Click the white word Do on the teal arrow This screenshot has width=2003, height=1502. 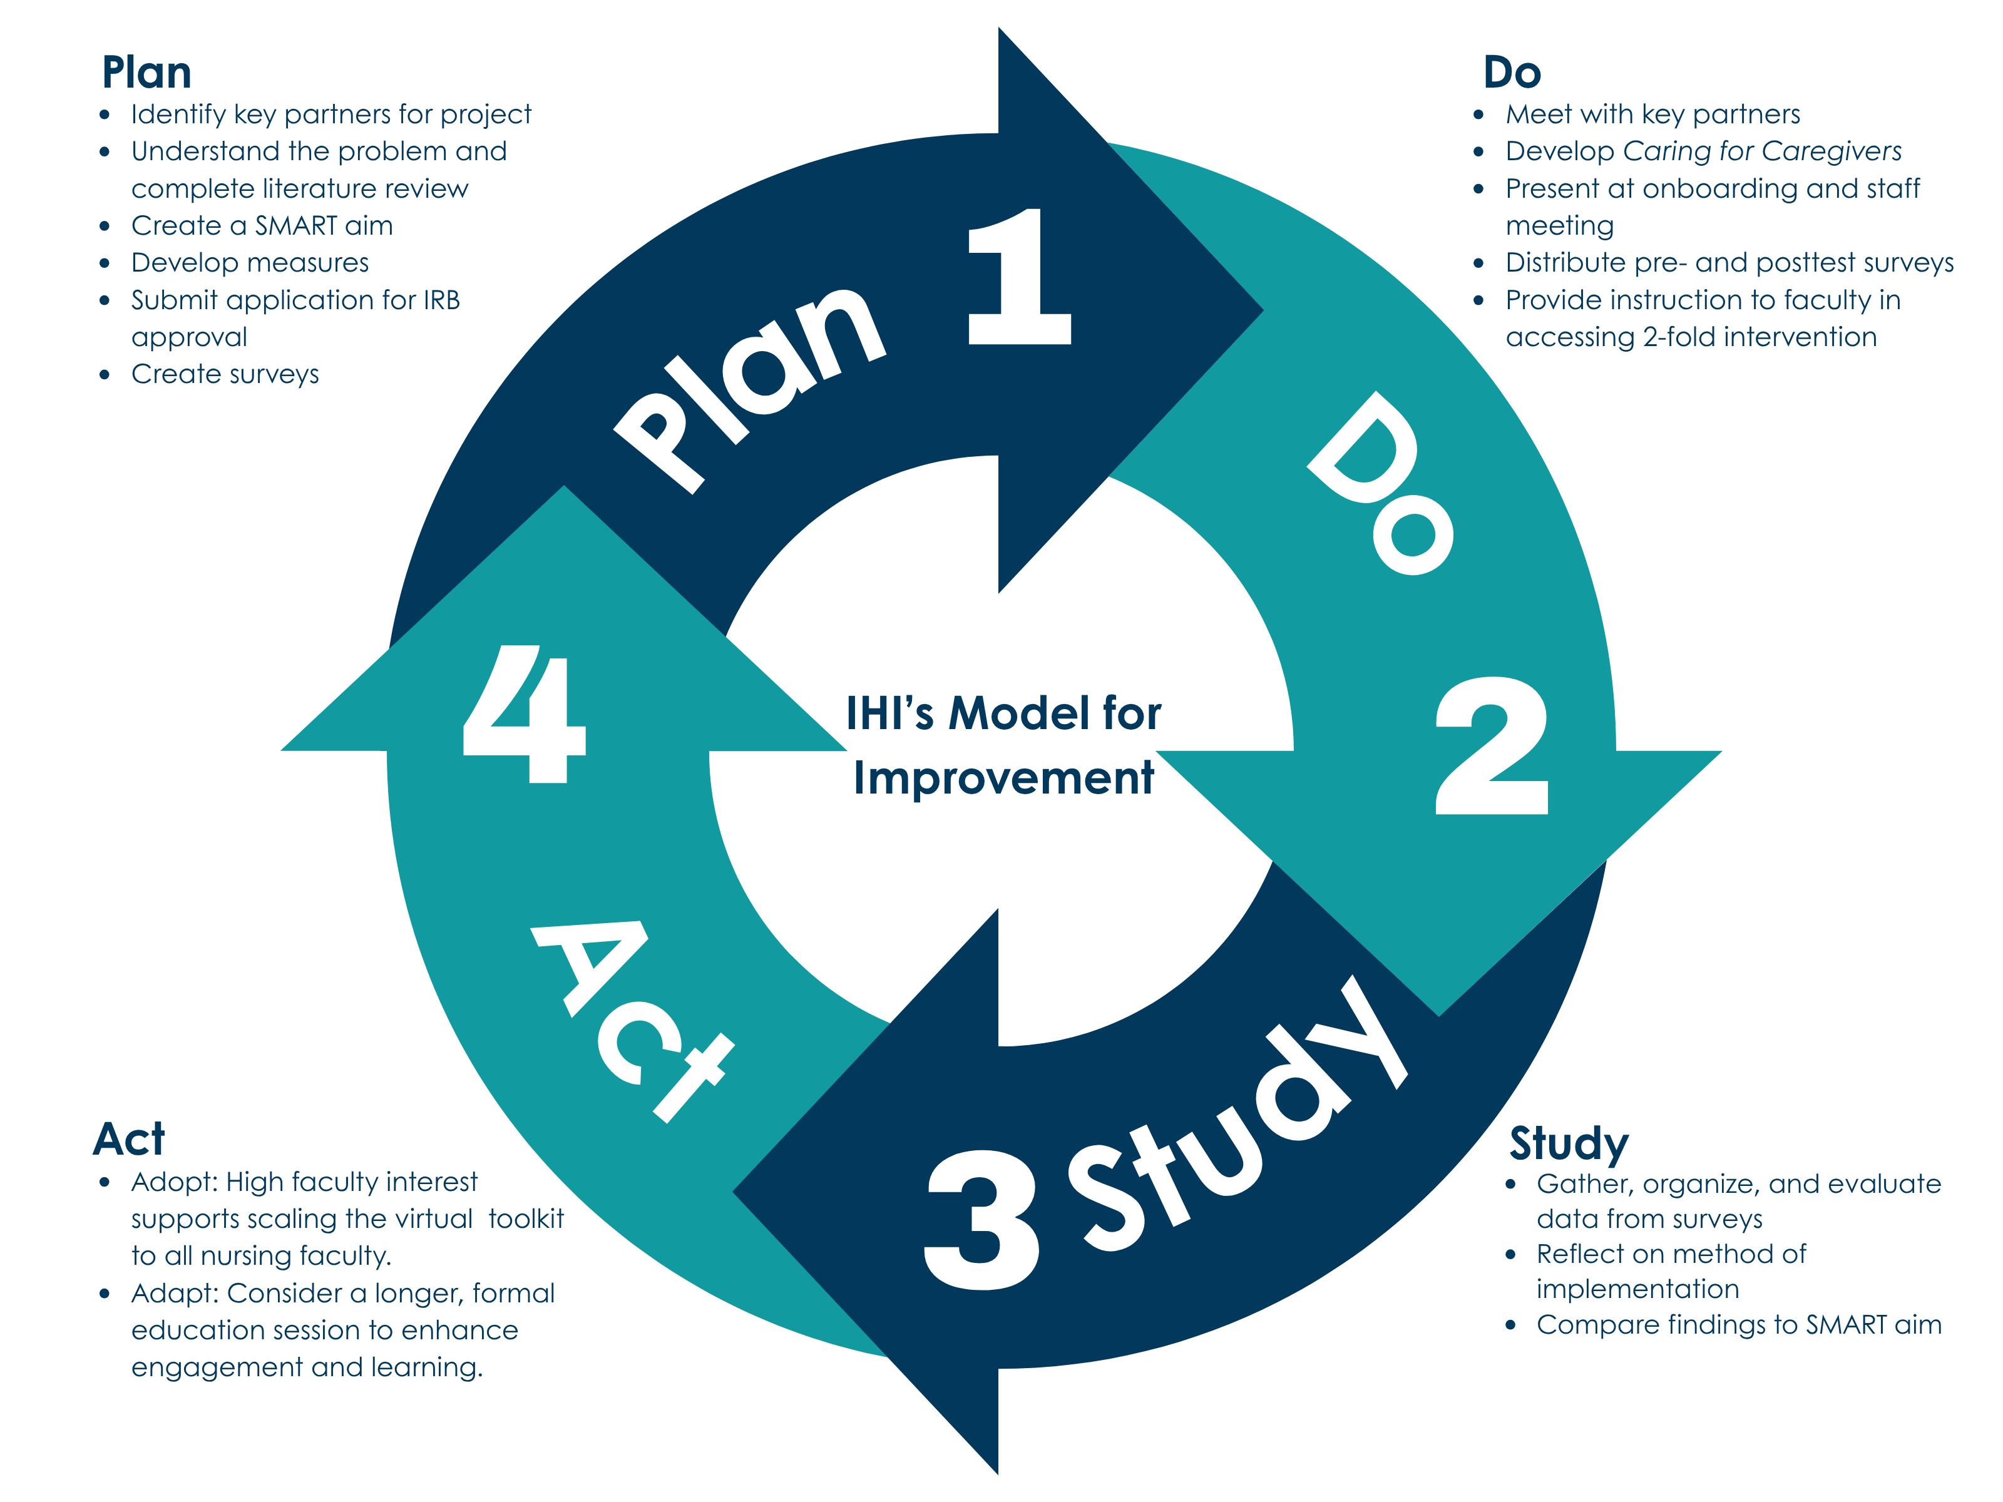(1380, 484)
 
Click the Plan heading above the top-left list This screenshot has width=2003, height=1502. (146, 73)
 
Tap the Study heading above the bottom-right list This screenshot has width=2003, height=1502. (1569, 1143)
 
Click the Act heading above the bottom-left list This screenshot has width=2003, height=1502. (128, 1139)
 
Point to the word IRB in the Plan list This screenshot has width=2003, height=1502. (441, 300)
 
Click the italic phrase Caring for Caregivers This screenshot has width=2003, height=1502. (1762, 151)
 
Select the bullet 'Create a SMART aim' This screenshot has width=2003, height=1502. (262, 225)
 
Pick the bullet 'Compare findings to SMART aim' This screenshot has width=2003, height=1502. (1739, 1324)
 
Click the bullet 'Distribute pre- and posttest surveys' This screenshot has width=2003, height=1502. (1729, 263)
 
